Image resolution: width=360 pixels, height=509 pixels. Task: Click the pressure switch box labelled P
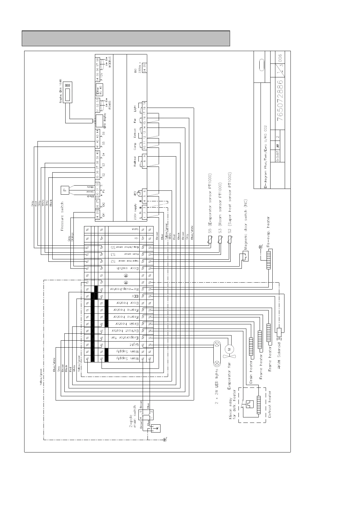click(x=64, y=190)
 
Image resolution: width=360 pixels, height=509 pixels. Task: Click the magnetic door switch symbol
click(x=245, y=256)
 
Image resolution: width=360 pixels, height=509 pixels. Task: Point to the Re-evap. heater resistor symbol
click(x=268, y=259)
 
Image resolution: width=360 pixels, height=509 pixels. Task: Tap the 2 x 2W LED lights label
click(x=216, y=387)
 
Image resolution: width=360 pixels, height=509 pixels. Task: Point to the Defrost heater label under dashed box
click(x=270, y=404)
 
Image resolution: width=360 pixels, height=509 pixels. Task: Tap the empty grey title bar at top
click(x=126, y=38)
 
